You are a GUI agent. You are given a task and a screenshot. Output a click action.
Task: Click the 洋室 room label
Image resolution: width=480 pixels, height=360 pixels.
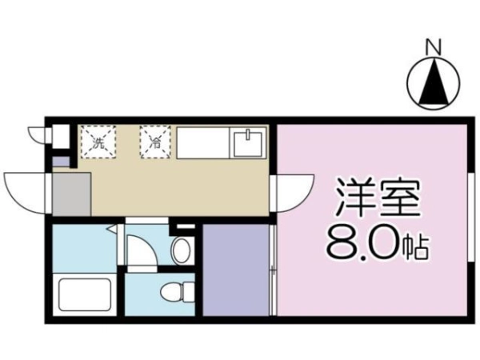coord(378,198)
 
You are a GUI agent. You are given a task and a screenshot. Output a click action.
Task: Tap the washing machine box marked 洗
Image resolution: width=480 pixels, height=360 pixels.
coord(98,142)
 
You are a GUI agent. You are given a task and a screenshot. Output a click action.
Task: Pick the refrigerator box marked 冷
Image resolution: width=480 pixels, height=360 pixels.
coord(155,142)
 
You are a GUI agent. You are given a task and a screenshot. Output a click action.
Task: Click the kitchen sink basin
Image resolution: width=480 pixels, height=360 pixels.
coord(248,143)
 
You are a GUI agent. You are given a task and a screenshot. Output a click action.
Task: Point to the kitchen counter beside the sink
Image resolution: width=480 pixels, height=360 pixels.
coord(203,143)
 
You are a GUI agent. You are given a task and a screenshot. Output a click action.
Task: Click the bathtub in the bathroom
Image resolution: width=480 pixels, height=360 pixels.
coord(85,294)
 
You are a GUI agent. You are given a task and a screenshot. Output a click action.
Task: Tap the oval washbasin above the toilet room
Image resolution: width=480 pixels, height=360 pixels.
coord(182,250)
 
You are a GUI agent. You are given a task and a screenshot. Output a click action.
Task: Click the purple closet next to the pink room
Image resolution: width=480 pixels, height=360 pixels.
coord(236,270)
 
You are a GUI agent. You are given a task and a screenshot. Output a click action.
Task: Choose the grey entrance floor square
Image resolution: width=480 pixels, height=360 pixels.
coord(72,194)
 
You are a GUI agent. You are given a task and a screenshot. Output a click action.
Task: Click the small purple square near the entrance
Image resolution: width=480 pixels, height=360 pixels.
coord(57,161)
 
